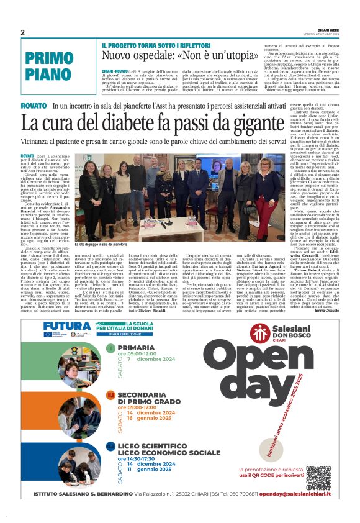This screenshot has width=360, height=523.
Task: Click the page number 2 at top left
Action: pyautogui.click(x=23, y=33)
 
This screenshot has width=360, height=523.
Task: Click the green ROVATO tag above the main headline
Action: pyautogui.click(x=34, y=106)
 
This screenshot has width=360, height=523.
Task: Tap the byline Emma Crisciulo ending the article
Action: pyautogui.click(x=327, y=310)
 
